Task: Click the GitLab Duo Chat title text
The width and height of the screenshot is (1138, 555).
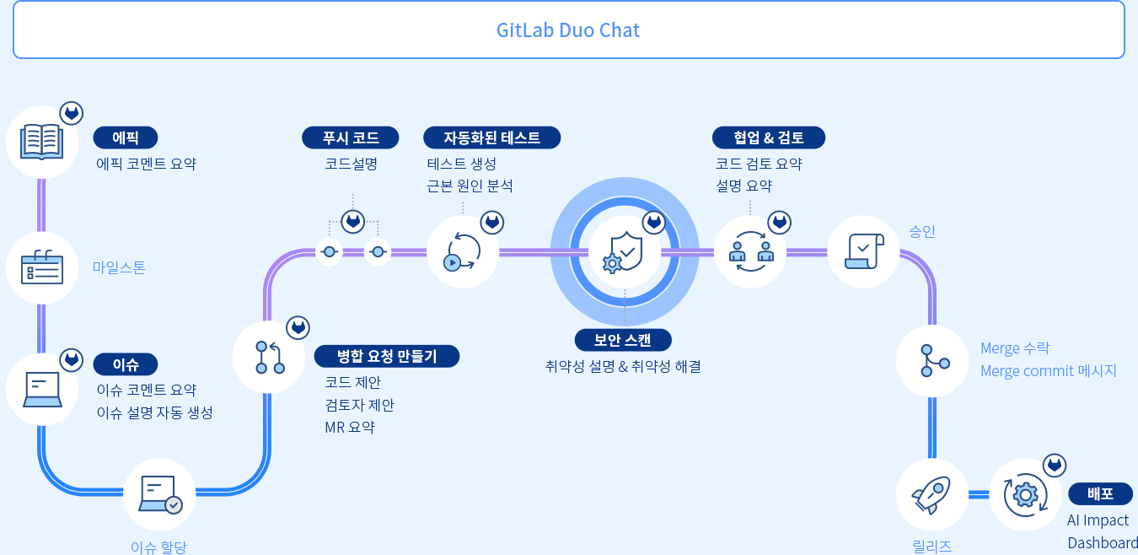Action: pyautogui.click(x=568, y=30)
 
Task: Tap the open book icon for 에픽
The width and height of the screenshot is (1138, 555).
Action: pyautogui.click(x=42, y=142)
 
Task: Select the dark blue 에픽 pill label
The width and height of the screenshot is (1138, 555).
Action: pyautogui.click(x=125, y=137)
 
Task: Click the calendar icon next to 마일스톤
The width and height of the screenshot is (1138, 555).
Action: pyautogui.click(x=42, y=267)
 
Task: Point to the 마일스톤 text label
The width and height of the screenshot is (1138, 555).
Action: pyautogui.click(x=119, y=267)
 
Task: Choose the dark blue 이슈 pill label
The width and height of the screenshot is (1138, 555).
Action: pyautogui.click(x=125, y=364)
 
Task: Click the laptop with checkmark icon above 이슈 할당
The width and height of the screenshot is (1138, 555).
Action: pyautogui.click(x=159, y=494)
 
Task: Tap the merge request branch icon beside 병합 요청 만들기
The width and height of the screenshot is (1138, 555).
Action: pyautogui.click(x=270, y=357)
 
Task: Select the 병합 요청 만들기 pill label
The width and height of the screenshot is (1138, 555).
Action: pyautogui.click(x=387, y=356)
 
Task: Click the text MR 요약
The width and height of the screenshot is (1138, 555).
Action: pyautogui.click(x=349, y=427)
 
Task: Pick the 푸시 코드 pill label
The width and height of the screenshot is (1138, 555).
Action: pyautogui.click(x=351, y=137)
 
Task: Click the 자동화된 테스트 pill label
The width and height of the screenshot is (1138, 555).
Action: pyautogui.click(x=491, y=137)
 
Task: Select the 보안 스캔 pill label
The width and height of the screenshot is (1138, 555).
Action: pyautogui.click(x=623, y=340)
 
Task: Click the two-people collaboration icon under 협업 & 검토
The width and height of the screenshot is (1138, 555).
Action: pyautogui.click(x=750, y=251)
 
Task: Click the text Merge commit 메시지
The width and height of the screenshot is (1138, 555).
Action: pyautogui.click(x=1048, y=370)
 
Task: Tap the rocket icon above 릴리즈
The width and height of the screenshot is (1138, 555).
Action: pyautogui.click(x=931, y=494)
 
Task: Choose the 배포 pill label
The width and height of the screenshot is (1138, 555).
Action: pyautogui.click(x=1100, y=494)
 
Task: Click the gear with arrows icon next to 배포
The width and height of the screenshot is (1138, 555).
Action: pyautogui.click(x=1025, y=494)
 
